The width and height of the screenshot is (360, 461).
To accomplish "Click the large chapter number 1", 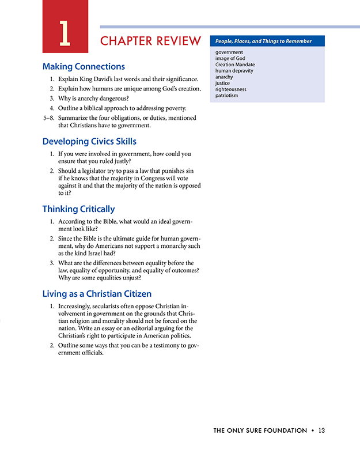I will click(65, 33).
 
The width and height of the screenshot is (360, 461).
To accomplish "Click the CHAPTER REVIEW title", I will click(150, 41).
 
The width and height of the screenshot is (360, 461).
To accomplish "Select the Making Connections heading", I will click(84, 66).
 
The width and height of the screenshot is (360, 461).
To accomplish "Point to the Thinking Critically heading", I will click(78, 209).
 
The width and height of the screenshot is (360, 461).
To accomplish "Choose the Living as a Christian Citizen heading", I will click(97, 294).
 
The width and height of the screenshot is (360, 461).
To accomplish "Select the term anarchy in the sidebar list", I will click(224, 77).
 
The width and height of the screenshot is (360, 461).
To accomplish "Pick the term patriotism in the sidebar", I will click(226, 95).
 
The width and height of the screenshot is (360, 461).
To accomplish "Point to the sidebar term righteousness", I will click(230, 89).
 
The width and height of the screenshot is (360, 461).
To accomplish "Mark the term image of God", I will click(230, 59).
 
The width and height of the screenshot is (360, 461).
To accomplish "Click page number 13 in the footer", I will click(321, 430).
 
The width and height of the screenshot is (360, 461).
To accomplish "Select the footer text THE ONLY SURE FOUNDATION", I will click(260, 430).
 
